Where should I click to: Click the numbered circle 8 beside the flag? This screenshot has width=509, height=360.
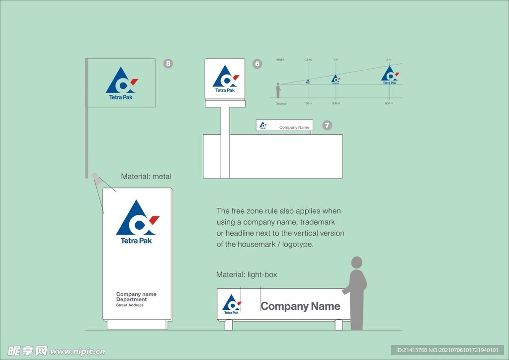pos(169,63)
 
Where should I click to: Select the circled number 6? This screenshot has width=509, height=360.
pos(257,64)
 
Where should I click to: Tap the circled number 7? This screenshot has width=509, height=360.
pos(327,125)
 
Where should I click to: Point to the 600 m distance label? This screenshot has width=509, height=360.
pos(389,103)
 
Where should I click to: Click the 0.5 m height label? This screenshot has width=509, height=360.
pos(308,60)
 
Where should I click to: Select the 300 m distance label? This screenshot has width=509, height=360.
pos(336,103)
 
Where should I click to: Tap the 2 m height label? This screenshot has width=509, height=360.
pos(389,60)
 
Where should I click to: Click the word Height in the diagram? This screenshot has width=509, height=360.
pos(280,60)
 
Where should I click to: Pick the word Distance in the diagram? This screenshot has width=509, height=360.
pos(281,103)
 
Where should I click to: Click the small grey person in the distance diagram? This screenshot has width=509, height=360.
pos(278,90)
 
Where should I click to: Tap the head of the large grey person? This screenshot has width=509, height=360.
pos(357,263)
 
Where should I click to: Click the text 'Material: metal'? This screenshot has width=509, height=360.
pos(146,177)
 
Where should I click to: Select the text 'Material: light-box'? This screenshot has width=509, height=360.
pos(247,275)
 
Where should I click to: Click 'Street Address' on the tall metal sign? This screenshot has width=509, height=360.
pos(130,305)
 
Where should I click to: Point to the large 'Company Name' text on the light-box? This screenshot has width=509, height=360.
pos(300,306)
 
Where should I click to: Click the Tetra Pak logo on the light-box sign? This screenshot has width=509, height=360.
pos(231,304)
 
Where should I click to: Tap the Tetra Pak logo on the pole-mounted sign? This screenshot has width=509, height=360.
pos(225,79)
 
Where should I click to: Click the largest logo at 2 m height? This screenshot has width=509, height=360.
pos(390,75)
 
